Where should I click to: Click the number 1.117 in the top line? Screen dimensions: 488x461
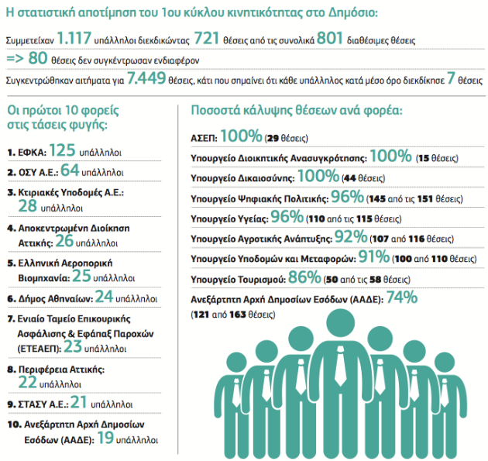click(x=74, y=38)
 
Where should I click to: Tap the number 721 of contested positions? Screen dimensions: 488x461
click(x=207, y=38)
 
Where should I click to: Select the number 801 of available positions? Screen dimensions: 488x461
click(x=329, y=38)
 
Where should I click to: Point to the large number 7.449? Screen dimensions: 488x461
click(x=146, y=77)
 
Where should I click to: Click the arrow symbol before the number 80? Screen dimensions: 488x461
click(x=15, y=59)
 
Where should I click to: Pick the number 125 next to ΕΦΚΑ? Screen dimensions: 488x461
click(x=62, y=150)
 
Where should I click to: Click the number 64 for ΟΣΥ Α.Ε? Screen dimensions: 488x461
click(x=70, y=170)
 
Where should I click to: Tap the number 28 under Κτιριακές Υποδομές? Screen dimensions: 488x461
click(x=27, y=206)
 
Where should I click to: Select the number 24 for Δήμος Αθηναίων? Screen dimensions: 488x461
click(x=104, y=296)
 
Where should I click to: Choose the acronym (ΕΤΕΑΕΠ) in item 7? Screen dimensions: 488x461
click(x=40, y=349)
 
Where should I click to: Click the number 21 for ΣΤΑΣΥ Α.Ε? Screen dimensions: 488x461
click(x=78, y=402)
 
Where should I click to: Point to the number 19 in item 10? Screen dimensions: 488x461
click(x=105, y=438)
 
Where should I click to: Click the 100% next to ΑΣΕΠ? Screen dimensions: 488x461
click(x=241, y=136)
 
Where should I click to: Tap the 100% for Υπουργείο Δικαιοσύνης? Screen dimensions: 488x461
click(x=318, y=176)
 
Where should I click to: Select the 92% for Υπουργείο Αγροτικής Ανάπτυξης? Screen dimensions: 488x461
click(x=351, y=236)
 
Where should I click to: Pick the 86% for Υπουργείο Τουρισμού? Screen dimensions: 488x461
click(x=304, y=277)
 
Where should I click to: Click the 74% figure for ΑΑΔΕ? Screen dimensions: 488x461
click(x=402, y=297)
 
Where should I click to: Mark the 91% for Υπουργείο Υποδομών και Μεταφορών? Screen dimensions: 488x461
click(x=374, y=256)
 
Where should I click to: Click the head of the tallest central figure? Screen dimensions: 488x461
click(x=341, y=325)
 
